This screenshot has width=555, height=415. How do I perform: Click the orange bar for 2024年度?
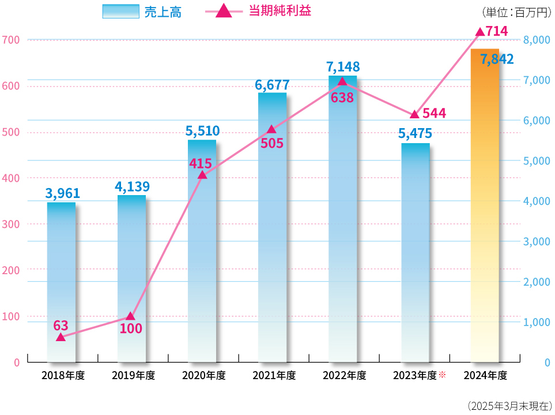(485, 208)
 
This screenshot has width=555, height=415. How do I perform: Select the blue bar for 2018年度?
(61, 283)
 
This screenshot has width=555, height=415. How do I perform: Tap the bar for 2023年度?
(415, 254)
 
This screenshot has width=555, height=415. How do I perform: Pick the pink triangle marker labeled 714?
(480, 32)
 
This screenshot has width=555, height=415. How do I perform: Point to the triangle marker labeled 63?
(61, 337)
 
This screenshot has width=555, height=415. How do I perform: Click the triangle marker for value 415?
(202, 174)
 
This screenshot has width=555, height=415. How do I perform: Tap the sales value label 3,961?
(62, 193)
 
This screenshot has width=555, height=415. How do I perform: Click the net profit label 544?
(433, 113)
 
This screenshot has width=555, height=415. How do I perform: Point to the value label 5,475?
(415, 134)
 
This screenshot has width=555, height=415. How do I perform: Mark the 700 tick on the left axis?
(11, 40)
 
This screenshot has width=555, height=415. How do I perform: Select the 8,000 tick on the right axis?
(535, 40)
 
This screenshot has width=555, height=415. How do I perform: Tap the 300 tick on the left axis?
(11, 224)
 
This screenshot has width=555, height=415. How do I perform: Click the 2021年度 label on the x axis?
(274, 376)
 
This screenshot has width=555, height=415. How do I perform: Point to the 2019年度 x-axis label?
(133, 376)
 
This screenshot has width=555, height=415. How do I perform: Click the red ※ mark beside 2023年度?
(443, 375)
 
